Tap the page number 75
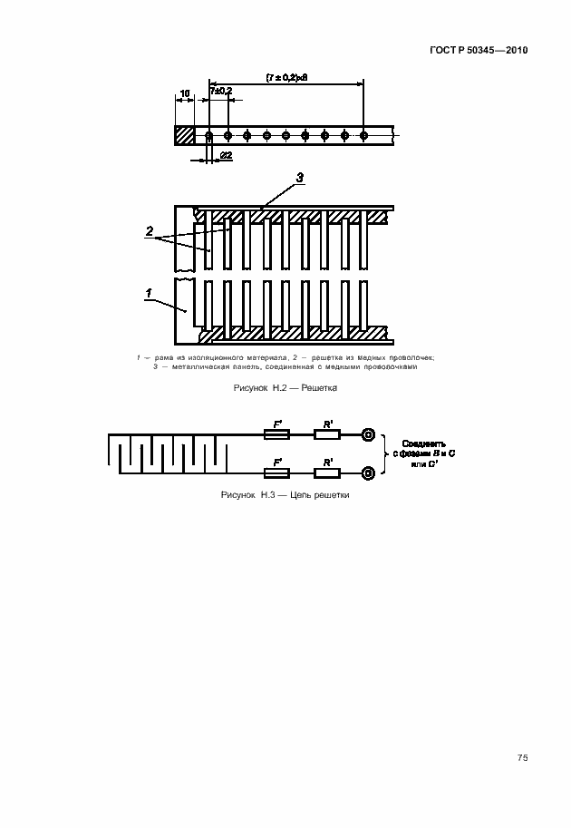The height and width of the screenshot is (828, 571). coord(523,757)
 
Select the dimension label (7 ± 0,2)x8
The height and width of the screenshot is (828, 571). coord(287,77)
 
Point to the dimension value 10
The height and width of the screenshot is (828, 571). coord(184,93)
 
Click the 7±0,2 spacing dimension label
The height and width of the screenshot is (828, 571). coord(220,91)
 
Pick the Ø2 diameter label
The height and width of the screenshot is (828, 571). coord(226,156)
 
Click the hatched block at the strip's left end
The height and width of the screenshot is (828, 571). coord(184,135)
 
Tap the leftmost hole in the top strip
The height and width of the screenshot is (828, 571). coord(208,136)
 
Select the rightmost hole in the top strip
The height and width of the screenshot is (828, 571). coord(363,136)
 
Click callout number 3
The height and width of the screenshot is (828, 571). coord(300,176)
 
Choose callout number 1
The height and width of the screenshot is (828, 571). coord(148,294)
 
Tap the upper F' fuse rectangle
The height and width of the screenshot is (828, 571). coord(276,435)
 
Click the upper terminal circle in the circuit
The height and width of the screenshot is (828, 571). coord(369,435)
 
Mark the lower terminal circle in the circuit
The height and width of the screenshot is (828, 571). coord(369,472)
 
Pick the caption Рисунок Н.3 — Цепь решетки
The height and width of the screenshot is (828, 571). coord(285,496)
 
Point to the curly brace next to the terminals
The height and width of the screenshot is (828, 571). coord(385,453)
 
